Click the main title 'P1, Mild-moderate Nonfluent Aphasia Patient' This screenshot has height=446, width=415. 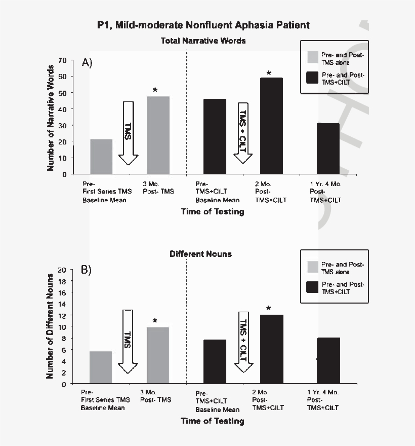pos(203,25)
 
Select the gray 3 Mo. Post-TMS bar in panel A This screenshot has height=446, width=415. pos(158,135)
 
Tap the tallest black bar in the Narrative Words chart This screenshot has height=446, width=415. pos(271,126)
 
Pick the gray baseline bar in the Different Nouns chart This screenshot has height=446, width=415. pos(101,367)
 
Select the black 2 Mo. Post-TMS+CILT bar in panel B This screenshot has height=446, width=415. pos(271,349)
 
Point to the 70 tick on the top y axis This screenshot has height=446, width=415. pos(63,60)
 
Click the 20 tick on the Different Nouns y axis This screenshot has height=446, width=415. pos(62,270)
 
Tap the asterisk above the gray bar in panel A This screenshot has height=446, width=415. pos(155,91)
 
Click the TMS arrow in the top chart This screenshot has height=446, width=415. pos(129,133)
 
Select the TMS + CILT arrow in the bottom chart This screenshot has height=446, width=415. pos(243,342)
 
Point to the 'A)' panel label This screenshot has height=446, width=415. pos(87,62)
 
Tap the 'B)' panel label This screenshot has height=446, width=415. pos(87,270)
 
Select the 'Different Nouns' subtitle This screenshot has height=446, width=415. pos(200,253)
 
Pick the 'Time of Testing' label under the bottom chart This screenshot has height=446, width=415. pos(213,421)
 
